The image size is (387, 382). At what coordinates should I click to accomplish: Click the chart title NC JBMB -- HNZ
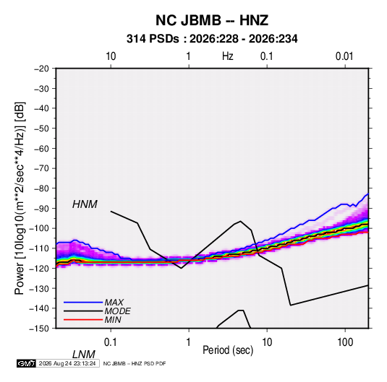tap(212, 20)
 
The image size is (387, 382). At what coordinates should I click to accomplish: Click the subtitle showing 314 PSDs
tap(212, 39)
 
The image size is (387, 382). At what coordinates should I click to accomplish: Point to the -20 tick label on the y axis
tap(41, 69)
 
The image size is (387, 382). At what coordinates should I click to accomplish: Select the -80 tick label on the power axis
tap(41, 188)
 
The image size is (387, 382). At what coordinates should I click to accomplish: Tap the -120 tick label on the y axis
tap(39, 268)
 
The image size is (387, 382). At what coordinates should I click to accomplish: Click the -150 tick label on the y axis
tap(39, 329)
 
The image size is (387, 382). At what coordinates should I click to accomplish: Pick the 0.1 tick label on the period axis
tap(111, 342)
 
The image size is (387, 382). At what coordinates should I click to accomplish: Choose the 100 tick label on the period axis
tap(345, 342)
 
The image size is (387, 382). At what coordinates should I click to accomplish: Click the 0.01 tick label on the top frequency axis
tap(344, 56)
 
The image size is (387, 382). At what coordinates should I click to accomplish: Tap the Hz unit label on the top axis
tap(228, 56)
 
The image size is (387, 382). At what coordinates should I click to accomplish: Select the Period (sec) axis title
tap(228, 350)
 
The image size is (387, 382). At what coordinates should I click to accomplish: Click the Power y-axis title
tap(20, 199)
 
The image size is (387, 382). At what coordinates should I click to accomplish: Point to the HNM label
tap(85, 204)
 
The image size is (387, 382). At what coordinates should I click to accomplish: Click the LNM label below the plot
tap(84, 355)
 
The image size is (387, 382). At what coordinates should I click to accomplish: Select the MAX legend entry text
tap(114, 303)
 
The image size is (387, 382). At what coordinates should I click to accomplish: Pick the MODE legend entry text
tap(117, 311)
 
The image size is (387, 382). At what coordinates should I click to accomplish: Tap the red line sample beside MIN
tap(83, 320)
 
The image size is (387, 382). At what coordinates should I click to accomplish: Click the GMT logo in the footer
tap(26, 363)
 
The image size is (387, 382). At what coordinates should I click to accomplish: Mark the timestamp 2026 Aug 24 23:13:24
tap(67, 363)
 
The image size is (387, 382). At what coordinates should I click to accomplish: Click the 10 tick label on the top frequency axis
tap(111, 56)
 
